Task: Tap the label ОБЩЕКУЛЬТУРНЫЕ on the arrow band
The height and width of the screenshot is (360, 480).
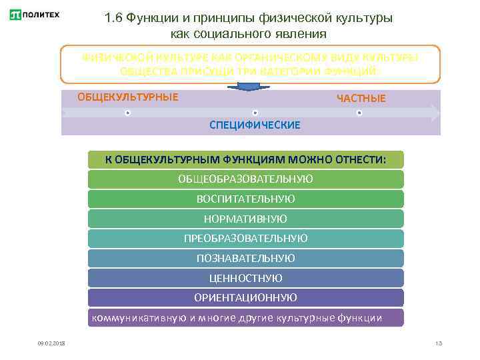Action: (x=128, y=97)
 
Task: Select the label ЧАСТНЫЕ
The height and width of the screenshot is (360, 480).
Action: (x=361, y=99)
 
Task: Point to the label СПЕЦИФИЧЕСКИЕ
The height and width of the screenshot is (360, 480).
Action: (x=255, y=125)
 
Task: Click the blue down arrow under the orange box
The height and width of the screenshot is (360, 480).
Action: (x=248, y=86)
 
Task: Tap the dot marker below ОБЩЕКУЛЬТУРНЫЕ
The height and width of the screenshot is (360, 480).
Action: (x=127, y=113)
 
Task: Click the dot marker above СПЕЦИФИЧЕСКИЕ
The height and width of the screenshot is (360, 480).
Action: (x=255, y=113)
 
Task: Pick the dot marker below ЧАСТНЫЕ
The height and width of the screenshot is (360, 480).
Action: (x=359, y=113)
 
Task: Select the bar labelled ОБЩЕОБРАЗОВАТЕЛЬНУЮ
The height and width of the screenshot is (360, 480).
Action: (x=246, y=179)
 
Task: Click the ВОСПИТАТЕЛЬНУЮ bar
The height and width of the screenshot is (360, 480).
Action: (x=246, y=199)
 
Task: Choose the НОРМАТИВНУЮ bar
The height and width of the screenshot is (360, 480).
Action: (x=246, y=219)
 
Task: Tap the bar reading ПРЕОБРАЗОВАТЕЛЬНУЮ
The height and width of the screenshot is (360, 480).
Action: (x=246, y=238)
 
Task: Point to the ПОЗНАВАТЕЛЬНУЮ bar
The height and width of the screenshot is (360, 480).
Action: (x=246, y=258)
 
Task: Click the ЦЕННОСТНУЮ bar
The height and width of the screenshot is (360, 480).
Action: (x=246, y=278)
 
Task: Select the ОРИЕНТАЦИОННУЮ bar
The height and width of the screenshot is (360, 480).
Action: (x=246, y=297)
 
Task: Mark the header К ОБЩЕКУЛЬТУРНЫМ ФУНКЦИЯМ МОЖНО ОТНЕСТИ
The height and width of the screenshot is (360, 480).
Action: (x=246, y=159)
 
